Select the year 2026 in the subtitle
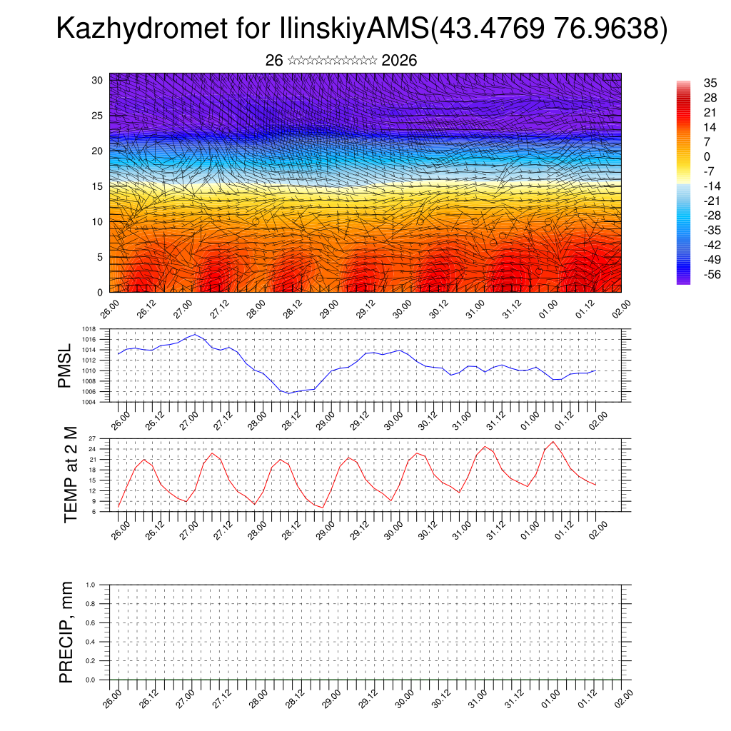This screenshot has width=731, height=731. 399,61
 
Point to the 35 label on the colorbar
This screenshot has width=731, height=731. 711,84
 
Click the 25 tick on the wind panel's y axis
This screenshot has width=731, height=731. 97,116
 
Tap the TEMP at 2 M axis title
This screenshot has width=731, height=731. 70,475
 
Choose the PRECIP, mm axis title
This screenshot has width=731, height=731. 66,632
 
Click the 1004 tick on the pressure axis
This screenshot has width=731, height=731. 89,402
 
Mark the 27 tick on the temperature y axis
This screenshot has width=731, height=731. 93,438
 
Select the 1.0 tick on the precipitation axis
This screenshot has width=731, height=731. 91,585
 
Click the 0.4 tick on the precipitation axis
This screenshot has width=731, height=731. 91,642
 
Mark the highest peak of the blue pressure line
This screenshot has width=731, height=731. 195,334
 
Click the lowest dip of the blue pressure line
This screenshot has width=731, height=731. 288,393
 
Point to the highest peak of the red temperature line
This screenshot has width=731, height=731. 553,441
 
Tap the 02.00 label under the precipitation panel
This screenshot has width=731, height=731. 622,697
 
